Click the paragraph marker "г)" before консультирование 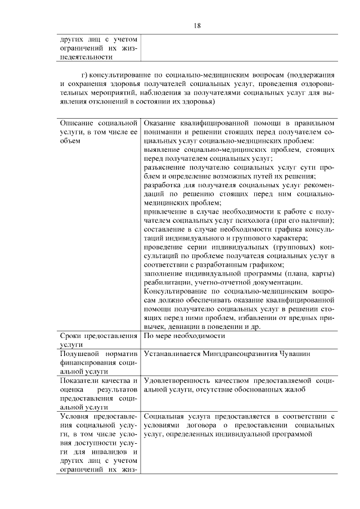click(84, 75)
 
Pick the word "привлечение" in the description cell click(166, 210)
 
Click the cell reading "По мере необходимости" click(184, 336)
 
